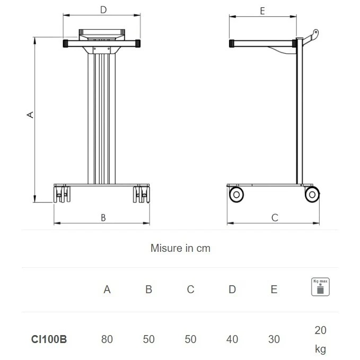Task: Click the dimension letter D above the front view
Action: click(103, 10)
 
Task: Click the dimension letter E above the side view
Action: click(262, 11)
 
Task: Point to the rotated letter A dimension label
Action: click(30, 115)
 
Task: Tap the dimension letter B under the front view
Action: click(103, 217)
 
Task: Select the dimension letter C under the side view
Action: click(275, 217)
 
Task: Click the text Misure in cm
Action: click(180, 248)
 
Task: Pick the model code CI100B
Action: click(49, 339)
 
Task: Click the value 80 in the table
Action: click(107, 339)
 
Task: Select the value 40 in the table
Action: click(232, 339)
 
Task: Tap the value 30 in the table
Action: click(274, 339)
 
